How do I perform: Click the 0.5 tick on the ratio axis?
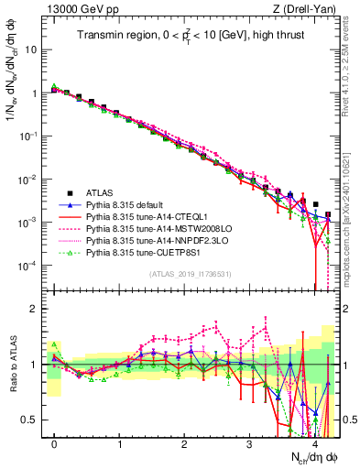[x=33, y=420]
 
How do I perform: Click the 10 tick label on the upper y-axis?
[x=33, y=49]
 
